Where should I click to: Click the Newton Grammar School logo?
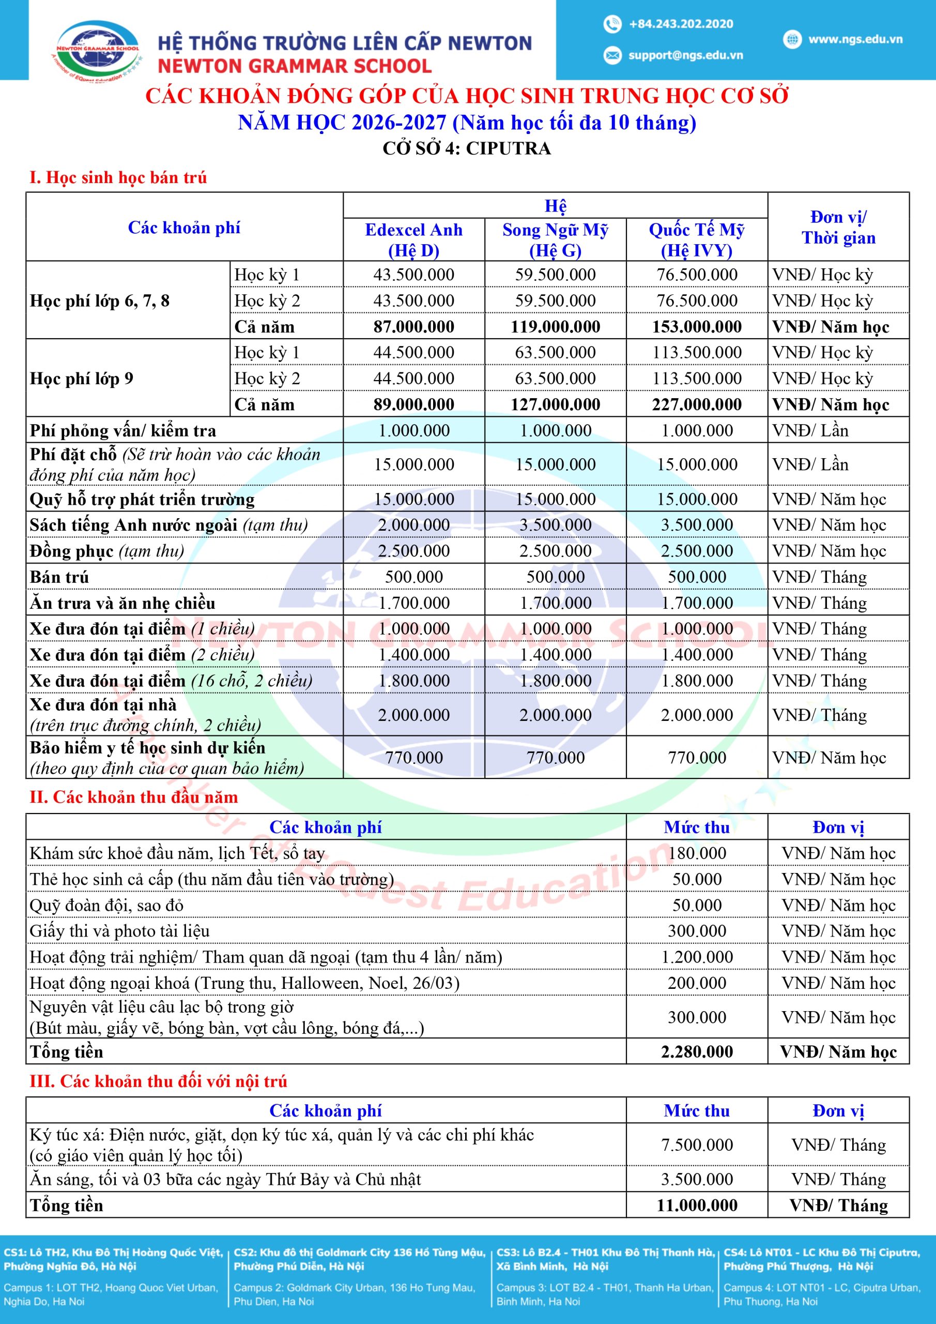[96, 50]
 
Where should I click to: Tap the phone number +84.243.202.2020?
[681, 24]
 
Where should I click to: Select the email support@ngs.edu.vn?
[685, 55]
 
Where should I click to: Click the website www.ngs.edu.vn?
[855, 39]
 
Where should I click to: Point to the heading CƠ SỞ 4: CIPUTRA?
[467, 149]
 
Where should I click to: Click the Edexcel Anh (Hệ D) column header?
[414, 240]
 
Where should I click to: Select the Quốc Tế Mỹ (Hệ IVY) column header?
[696, 240]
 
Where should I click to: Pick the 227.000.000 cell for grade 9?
[696, 405]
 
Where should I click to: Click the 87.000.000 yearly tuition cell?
[414, 327]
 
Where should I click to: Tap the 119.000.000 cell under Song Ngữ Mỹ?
[555, 327]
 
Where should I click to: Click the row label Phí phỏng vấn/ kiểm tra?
[123, 431]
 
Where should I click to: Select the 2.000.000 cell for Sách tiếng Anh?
[414, 525]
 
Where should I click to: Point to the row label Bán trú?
[59, 577]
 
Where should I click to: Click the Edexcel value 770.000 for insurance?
[414, 758]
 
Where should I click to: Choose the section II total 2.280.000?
[696, 1052]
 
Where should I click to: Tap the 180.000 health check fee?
[696, 853]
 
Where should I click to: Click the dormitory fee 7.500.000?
[696, 1145]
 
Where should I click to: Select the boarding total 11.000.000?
[696, 1205]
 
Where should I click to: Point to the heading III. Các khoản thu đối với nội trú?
[159, 1081]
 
